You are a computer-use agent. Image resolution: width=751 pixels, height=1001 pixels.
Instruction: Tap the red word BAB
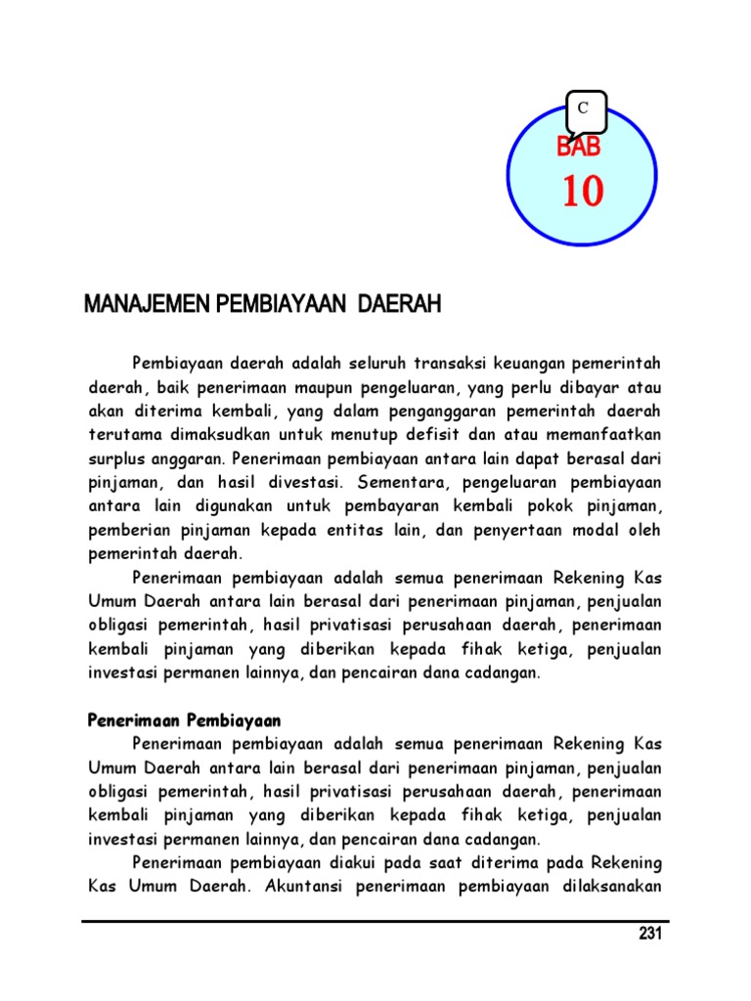(x=578, y=148)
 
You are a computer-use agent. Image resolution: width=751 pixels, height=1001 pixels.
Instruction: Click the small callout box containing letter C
(x=586, y=109)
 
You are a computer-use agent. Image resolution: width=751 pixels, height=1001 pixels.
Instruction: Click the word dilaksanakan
(x=609, y=888)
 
